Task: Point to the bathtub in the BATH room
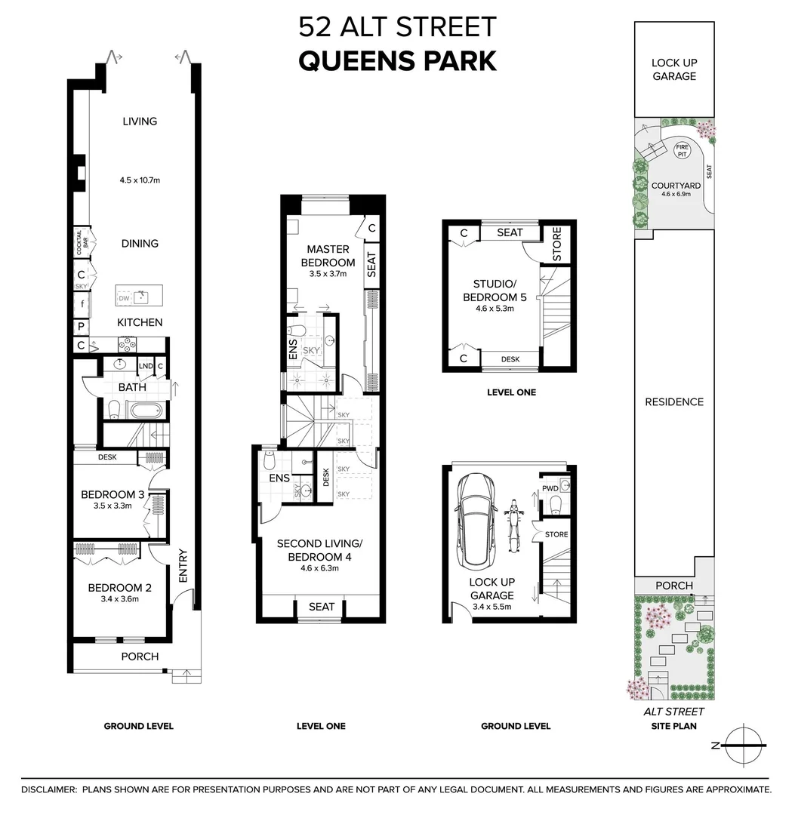[x=143, y=411]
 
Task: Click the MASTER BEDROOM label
[x=328, y=255]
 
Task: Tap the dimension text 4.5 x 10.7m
[x=140, y=180]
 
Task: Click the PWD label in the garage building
[x=550, y=488]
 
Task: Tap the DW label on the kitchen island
[x=124, y=300]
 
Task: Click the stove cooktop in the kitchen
[x=126, y=344]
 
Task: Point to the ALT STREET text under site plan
[x=673, y=711]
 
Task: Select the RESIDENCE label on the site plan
[x=673, y=402]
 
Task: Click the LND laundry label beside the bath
[x=145, y=367]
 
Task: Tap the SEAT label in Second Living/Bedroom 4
[x=322, y=607]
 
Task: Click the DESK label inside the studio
[x=510, y=359]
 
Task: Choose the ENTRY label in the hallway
[x=182, y=565]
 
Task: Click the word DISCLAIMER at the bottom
[x=49, y=789]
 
